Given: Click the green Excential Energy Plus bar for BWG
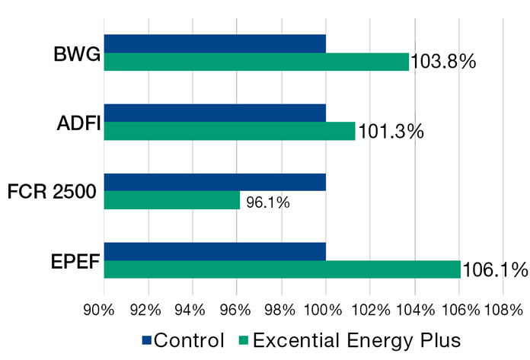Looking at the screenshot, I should [x=256, y=62].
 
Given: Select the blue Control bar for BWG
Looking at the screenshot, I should [x=215, y=44].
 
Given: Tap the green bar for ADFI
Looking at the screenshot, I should [x=229, y=131].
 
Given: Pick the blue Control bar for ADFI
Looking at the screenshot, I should [x=215, y=113].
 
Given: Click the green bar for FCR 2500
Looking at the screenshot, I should [x=171, y=200].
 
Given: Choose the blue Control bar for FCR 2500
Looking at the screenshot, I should [x=215, y=183].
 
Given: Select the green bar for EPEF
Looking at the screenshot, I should [x=282, y=269].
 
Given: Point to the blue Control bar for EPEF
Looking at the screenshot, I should [x=215, y=252].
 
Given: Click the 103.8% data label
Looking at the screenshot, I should [x=443, y=62].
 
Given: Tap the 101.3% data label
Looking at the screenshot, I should [x=389, y=132].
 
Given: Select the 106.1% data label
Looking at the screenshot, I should [x=495, y=269].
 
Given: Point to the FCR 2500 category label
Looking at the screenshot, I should [x=52, y=193].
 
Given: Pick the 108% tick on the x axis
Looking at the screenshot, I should [x=504, y=310].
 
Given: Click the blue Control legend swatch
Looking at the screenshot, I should [x=146, y=339].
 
